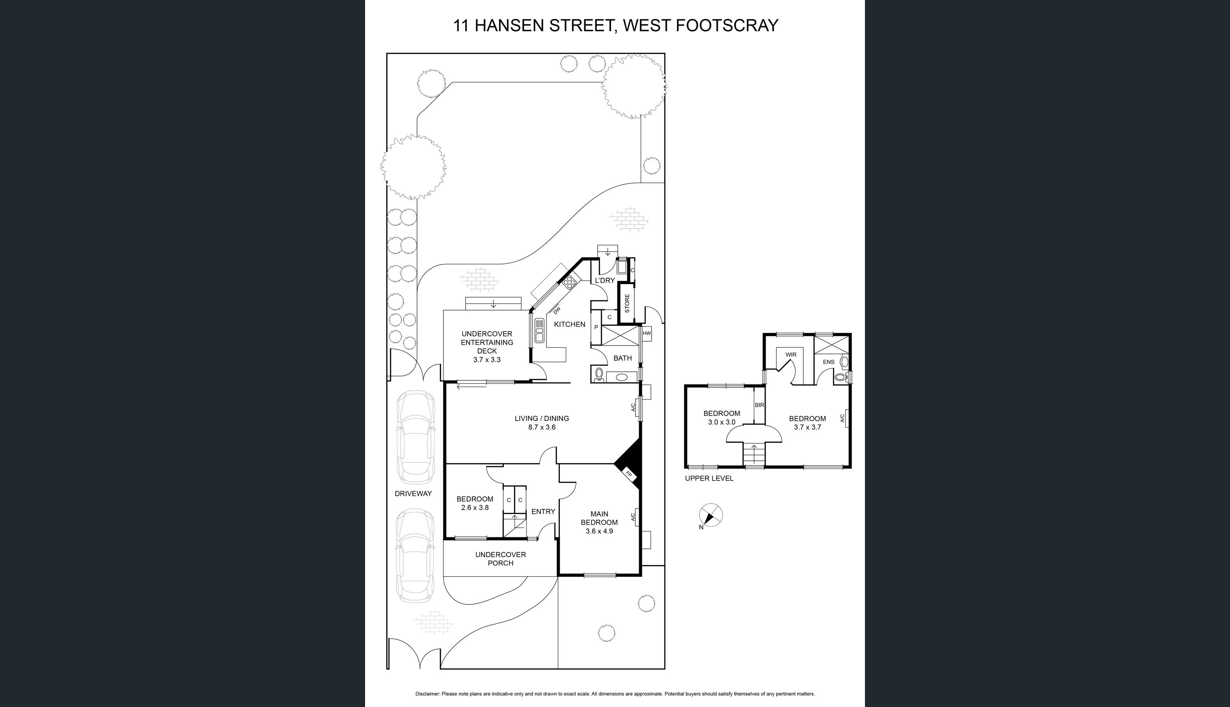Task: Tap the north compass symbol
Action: click(x=711, y=515)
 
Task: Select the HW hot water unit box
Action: click(x=647, y=334)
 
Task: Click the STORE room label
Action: click(x=627, y=303)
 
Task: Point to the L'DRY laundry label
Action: click(x=605, y=281)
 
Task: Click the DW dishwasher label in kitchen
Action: click(x=557, y=310)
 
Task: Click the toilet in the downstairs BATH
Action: click(x=599, y=375)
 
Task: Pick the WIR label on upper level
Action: click(x=791, y=354)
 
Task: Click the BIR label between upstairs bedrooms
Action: click(x=759, y=405)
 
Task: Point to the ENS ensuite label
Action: click(x=829, y=362)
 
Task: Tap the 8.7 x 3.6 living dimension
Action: click(x=542, y=427)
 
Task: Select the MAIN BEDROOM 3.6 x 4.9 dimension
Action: click(x=599, y=531)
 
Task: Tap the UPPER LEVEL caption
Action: click(x=709, y=478)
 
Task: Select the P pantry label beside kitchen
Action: click(x=596, y=328)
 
